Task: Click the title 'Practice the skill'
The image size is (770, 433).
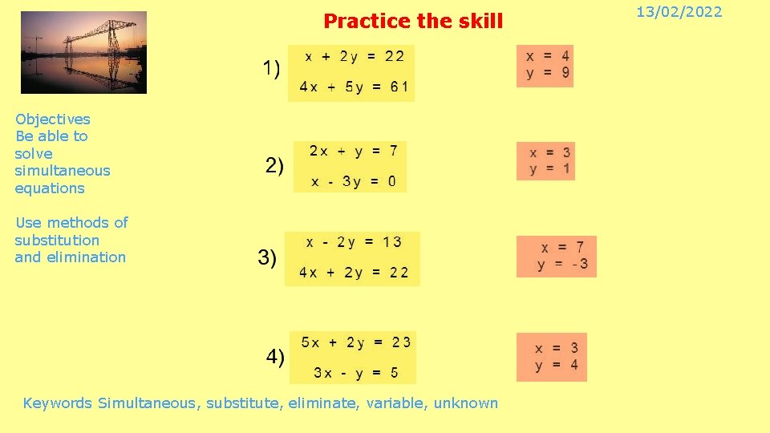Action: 413,22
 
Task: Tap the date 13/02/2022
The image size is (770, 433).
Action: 690,12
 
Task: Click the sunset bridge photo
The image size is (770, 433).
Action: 83,53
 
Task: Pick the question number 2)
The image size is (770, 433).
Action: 274,166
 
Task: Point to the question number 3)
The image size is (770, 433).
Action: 267,257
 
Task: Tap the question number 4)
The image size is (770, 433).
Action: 275,356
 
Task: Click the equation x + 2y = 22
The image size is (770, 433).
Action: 351,56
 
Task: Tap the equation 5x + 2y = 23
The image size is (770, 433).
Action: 355,342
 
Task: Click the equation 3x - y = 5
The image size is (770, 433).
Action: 355,373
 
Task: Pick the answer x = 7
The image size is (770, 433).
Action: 562,247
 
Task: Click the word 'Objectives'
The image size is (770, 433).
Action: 53,119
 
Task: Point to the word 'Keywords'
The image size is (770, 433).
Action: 58,403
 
